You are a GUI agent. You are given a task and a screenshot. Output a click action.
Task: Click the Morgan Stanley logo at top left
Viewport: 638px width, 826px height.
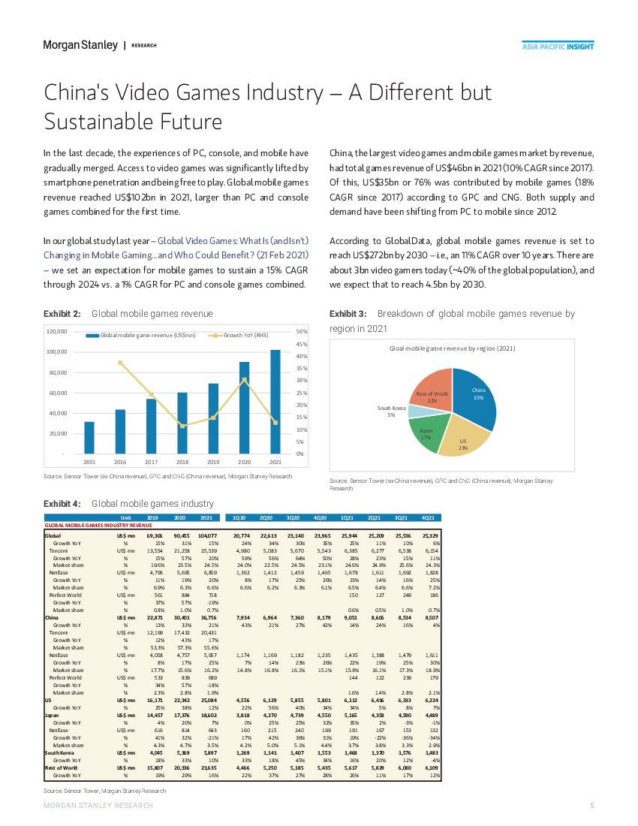click(79, 46)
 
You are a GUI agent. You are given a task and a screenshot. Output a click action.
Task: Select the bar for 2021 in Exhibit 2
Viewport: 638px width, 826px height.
click(275, 401)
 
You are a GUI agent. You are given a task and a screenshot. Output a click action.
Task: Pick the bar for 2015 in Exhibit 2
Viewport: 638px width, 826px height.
click(89, 437)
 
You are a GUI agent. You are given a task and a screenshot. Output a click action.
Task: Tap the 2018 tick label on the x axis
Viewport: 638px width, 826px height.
click(182, 461)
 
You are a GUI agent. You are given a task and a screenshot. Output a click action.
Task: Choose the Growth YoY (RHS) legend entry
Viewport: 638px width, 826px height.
click(240, 335)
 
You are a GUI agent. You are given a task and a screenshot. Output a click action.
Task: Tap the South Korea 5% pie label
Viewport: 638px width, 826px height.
click(391, 411)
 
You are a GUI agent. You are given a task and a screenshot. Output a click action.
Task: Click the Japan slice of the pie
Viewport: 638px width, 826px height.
click(426, 433)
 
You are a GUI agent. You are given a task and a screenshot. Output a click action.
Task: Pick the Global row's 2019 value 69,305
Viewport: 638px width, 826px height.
click(155, 534)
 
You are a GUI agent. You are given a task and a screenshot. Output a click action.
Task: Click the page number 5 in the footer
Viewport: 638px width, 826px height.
click(592, 805)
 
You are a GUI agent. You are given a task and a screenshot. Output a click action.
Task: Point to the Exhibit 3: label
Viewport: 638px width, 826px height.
click(348, 313)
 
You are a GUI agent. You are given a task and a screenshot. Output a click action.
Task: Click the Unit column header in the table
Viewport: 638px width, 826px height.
click(126, 517)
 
